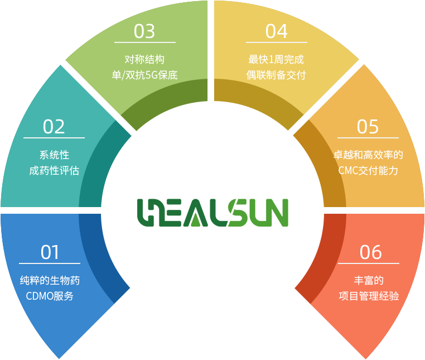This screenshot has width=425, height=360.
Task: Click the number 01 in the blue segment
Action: pyautogui.click(x=50, y=252)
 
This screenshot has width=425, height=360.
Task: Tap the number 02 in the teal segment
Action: pyautogui.click(x=54, y=127)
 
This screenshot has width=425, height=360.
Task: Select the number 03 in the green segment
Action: pyautogui.click(x=144, y=31)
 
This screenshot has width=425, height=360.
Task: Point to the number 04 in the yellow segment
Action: pyautogui.click(x=276, y=31)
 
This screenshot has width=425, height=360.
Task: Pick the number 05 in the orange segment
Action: pyautogui.click(x=368, y=127)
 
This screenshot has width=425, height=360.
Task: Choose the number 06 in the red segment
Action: pyautogui.click(x=370, y=252)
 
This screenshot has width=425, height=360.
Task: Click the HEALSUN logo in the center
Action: pyautogui.click(x=212, y=213)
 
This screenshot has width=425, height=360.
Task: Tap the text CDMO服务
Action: pyautogui.click(x=50, y=296)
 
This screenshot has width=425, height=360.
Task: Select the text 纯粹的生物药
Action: pyautogui.click(x=50, y=280)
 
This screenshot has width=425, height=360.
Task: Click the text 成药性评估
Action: pyautogui.click(x=54, y=171)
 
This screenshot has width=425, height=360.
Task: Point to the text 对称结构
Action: pyautogui.click(x=144, y=59)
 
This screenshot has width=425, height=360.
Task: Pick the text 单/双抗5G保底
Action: pyautogui.click(x=145, y=75)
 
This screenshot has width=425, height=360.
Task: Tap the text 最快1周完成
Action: pyautogui.click(x=276, y=59)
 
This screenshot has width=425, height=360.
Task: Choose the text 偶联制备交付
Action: pyautogui.click(x=276, y=75)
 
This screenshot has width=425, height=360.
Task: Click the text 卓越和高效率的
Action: pyautogui.click(x=368, y=155)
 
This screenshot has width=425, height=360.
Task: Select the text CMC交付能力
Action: pyautogui.click(x=368, y=171)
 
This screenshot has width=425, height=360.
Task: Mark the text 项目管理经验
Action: pyautogui.click(x=369, y=296)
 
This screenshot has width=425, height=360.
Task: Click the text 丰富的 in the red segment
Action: pyautogui.click(x=369, y=280)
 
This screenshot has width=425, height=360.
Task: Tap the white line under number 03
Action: pyautogui.click(x=145, y=42)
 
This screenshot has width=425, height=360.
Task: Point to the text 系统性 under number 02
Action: pyautogui.click(x=54, y=155)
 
